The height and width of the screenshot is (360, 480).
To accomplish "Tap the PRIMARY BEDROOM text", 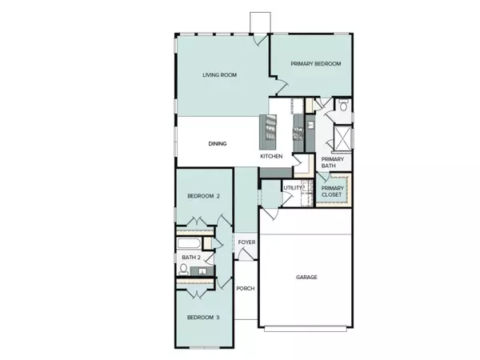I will [316, 64].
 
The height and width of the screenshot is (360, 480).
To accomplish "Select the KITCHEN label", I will [271, 156].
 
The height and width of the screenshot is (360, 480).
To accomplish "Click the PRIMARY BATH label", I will [332, 163].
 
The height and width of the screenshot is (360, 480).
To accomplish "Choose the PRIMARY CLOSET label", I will [332, 191].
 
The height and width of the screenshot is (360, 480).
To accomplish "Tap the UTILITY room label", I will [292, 187].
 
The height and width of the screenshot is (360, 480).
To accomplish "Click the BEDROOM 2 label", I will [203, 196].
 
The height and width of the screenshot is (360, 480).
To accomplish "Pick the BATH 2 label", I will [190, 257].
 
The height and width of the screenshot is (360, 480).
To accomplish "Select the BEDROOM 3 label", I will [203, 318].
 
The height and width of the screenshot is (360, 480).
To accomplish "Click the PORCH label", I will [245, 288].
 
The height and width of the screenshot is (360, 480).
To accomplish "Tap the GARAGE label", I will [306, 278].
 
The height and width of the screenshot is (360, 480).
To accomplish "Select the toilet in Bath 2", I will [183, 271].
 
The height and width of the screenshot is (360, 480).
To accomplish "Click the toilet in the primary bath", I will [342, 106].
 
